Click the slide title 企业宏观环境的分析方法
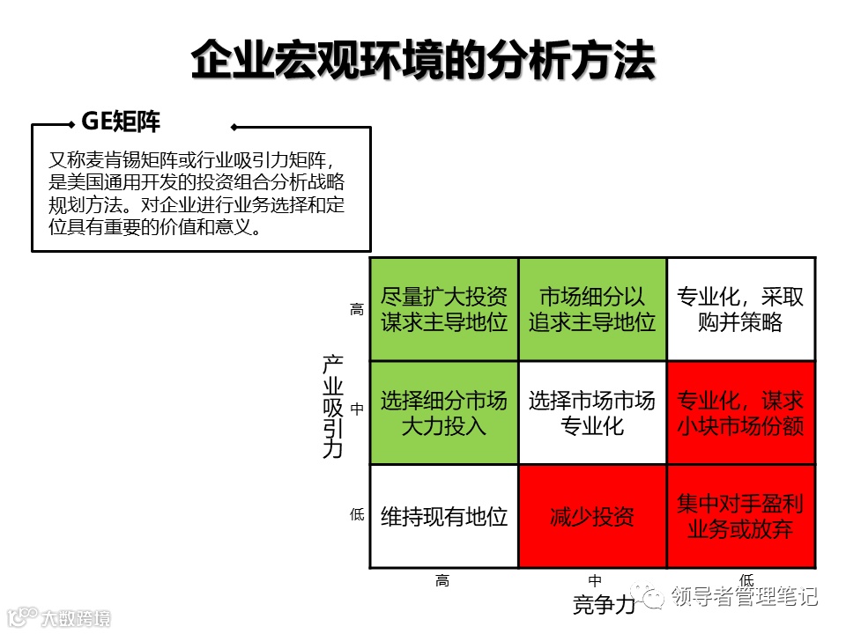pos(423,61)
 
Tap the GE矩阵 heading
pos(121,122)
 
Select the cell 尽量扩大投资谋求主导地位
pos(444,309)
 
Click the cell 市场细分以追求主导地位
pos(592,309)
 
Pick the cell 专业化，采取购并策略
pos(740,309)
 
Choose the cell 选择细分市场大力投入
pos(444,413)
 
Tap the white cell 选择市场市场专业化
pos(592,413)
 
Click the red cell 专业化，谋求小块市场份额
pos(740,413)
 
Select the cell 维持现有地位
pos(444,516)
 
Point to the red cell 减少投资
pos(592,516)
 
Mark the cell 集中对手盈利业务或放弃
pos(740,516)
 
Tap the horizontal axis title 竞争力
pos(604,606)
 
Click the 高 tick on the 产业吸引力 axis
pos(357,309)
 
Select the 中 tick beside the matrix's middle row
pos(357,409)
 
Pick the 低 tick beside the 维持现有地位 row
pos(357,515)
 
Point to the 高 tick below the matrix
pos(442,580)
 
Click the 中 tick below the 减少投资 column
pos(596,580)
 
